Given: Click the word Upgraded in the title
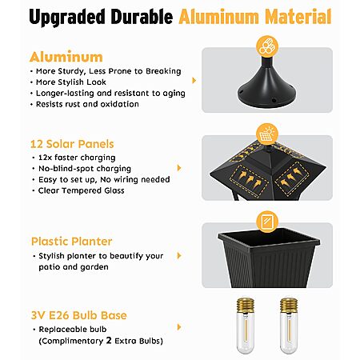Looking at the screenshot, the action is [67, 17].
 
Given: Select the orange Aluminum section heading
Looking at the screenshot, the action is [66, 57].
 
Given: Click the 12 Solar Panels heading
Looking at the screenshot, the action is [72, 144].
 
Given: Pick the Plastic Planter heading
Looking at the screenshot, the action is [71, 242].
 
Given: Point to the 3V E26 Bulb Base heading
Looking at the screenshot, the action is [79, 315].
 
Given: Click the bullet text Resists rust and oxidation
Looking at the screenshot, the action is [87, 104].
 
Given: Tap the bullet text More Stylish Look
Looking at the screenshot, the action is [71, 82].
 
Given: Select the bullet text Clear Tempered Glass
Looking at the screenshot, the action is [82, 190].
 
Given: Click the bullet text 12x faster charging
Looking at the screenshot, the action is [77, 158].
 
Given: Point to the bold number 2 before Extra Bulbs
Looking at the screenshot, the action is [109, 341].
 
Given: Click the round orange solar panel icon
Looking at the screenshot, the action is [267, 134].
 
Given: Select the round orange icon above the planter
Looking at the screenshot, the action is [267, 222].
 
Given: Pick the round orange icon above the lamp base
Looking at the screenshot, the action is [267, 46].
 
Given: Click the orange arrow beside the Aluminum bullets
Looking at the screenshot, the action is [194, 80].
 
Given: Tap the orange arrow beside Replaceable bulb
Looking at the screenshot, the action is [179, 327].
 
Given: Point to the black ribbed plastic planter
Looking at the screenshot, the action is [269, 258].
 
